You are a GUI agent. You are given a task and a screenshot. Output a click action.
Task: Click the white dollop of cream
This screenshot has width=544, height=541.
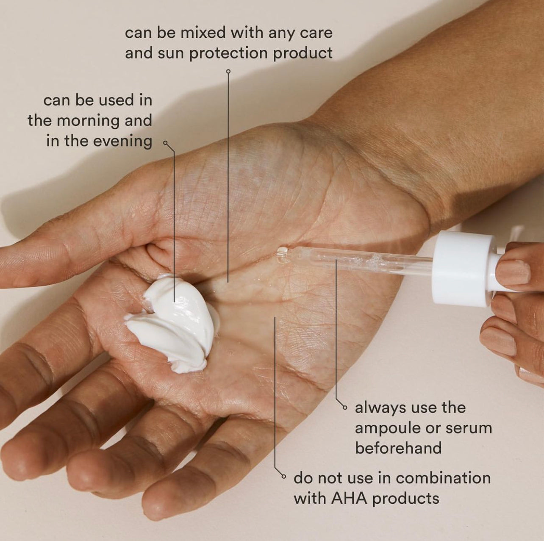172,322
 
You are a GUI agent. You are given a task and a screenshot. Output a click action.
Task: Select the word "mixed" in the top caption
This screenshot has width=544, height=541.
203,33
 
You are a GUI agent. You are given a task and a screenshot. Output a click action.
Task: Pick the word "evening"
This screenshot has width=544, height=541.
122,141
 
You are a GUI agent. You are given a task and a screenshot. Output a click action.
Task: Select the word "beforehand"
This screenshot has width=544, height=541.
398,448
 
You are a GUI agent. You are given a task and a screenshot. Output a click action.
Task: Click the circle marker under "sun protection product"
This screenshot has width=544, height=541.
228,72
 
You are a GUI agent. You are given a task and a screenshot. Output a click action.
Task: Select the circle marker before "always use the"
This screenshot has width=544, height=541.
344,408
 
